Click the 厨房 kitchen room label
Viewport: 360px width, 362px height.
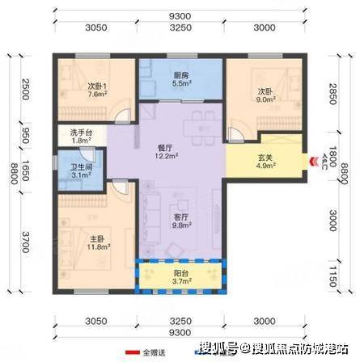point(181,76)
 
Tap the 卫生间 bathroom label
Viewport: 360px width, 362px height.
point(82,167)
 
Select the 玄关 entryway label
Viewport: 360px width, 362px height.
point(265,158)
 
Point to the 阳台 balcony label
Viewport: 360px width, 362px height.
point(181,273)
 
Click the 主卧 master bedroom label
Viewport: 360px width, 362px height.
point(97,239)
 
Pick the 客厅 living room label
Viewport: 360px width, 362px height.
point(181,217)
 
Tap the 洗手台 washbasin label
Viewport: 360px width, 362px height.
point(82,133)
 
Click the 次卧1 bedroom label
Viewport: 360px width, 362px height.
point(97,86)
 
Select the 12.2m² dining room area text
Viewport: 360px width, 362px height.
point(166,156)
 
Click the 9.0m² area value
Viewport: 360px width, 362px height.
point(265,99)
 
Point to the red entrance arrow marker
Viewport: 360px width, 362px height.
point(313,162)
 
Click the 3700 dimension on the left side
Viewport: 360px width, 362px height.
point(26,242)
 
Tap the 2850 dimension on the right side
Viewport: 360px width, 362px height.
point(333,94)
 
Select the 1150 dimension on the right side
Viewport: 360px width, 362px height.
point(333,277)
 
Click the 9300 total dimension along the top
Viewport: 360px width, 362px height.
point(180,16)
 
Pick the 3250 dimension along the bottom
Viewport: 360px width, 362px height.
point(180,321)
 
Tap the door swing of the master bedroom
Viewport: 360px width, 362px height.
point(120,187)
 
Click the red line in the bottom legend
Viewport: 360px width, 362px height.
point(133,352)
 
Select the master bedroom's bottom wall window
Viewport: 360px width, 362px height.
point(91,292)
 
